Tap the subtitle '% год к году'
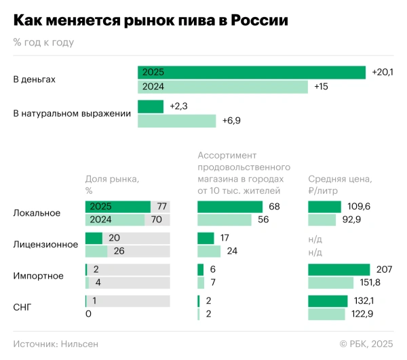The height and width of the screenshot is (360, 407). [43, 42]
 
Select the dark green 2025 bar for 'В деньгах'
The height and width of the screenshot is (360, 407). [252, 73]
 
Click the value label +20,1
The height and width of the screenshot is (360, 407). [383, 73]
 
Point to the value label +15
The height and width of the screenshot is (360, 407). [322, 87]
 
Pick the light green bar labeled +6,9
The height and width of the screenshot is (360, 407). [177, 121]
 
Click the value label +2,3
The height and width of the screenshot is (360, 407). [178, 106]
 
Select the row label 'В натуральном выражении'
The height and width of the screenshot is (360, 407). [72, 113]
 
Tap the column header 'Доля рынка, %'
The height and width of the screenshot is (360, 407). [112, 184]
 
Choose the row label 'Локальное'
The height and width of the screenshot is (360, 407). [37, 213]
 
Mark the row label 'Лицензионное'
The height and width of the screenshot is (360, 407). [45, 244]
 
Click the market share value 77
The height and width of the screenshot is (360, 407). [162, 207]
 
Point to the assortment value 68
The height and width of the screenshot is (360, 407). [274, 207]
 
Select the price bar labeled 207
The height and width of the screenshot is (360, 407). [338, 269]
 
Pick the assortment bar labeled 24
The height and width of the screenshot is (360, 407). [209, 252]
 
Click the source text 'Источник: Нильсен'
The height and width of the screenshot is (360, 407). [56, 344]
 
